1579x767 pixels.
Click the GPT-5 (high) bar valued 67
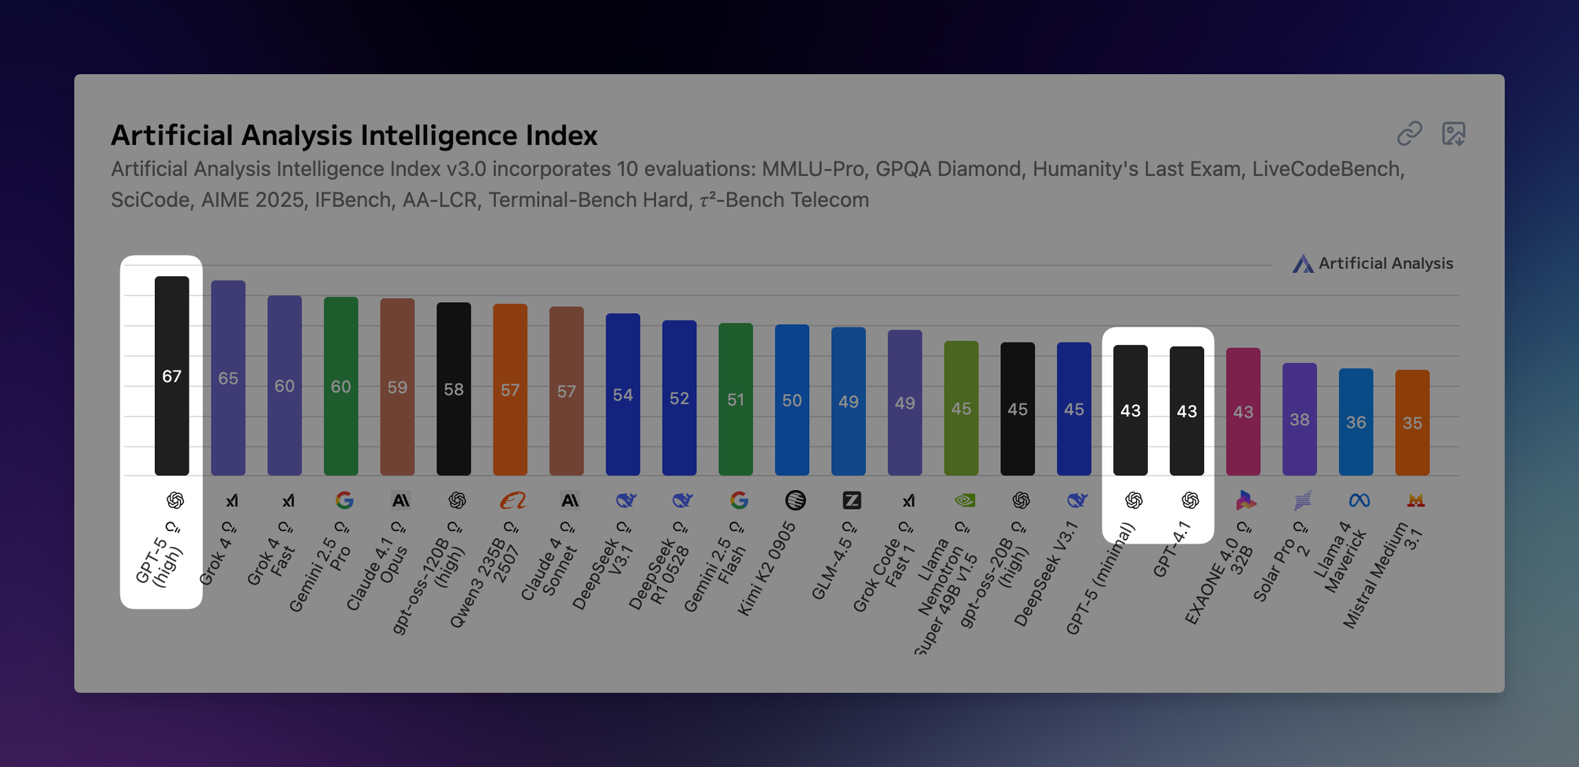coord(171,376)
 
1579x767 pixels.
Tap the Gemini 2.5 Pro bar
coord(341,386)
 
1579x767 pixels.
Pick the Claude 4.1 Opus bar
coord(397,387)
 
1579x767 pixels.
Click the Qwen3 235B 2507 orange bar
coord(510,390)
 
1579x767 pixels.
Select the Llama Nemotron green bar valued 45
coord(961,408)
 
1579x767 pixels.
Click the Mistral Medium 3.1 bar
coord(1412,422)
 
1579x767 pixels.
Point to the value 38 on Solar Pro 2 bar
coord(1300,420)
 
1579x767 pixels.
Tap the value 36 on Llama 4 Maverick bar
coord(1356,422)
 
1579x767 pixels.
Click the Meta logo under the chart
coord(1359,500)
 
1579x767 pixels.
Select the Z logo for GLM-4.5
coord(852,500)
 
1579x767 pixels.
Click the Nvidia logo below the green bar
coord(965,500)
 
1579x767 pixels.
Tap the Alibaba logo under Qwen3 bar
coord(513,500)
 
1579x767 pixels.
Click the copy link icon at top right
coord(1409,133)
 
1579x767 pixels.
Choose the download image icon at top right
coord(1453,133)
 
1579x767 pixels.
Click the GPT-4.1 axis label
coord(1171,549)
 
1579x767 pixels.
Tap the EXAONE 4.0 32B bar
coord(1243,411)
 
